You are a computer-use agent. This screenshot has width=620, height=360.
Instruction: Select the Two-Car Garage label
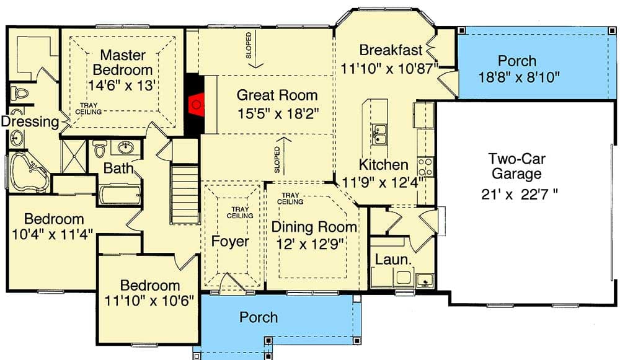518,165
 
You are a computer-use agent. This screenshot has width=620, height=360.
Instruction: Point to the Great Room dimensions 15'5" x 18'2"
277,113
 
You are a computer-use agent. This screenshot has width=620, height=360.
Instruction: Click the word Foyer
230,242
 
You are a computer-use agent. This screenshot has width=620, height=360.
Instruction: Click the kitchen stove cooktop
425,166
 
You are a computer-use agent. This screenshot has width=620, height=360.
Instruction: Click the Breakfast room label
391,50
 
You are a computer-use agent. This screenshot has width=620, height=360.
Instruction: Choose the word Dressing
29,122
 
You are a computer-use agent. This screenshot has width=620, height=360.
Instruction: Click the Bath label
115,168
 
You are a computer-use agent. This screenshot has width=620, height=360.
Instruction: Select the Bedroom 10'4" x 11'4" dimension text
53,234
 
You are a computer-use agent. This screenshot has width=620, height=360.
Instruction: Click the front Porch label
259,317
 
